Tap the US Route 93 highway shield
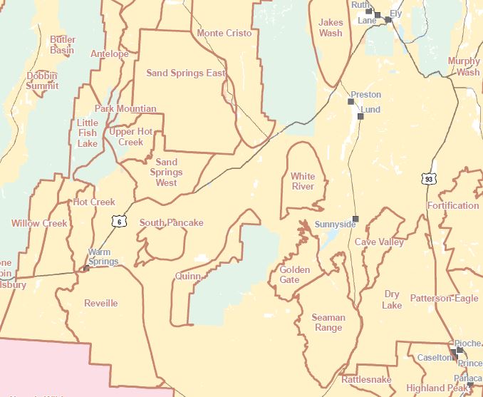coord(427,178)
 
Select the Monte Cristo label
coord(224,33)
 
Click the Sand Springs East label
coord(186,73)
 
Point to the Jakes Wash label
coord(331,28)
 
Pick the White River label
coord(303,181)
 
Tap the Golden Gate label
coord(294,274)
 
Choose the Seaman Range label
coord(328,323)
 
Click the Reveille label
coord(101,303)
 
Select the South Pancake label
coord(171,223)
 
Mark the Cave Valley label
coord(380,242)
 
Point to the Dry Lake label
coord(392,299)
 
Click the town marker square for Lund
coord(360,116)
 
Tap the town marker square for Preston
coord(350,102)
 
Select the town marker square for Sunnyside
coord(355,218)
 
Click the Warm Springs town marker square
coord(86,268)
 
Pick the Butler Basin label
coord(63,45)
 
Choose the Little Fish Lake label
coord(88,133)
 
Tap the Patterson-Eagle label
coord(445,299)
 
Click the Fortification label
coord(453,206)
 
